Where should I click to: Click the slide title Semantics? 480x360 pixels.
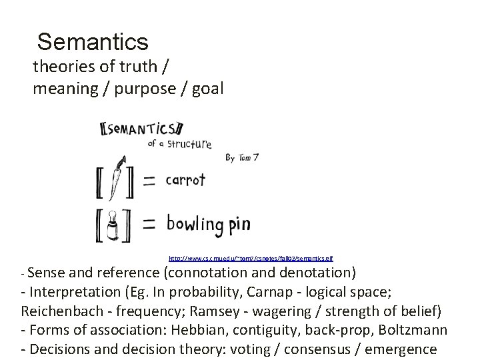(x=93, y=42)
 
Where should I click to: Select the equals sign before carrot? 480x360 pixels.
(x=151, y=181)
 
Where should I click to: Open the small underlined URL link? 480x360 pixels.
(x=251, y=257)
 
